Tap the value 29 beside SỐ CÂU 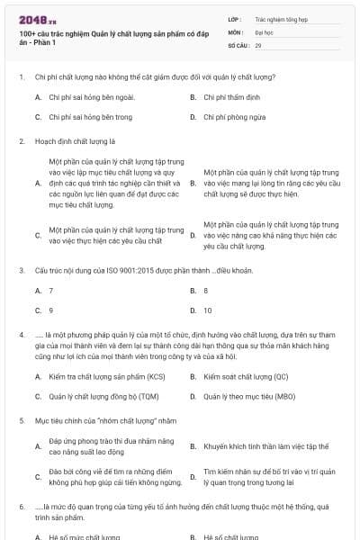point(259,44)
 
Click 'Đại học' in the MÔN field point(264,31)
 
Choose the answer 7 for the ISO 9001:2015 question point(50,291)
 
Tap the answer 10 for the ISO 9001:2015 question point(208,310)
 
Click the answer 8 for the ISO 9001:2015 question point(206,291)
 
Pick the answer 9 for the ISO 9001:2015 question point(50,310)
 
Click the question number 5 point(20,420)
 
